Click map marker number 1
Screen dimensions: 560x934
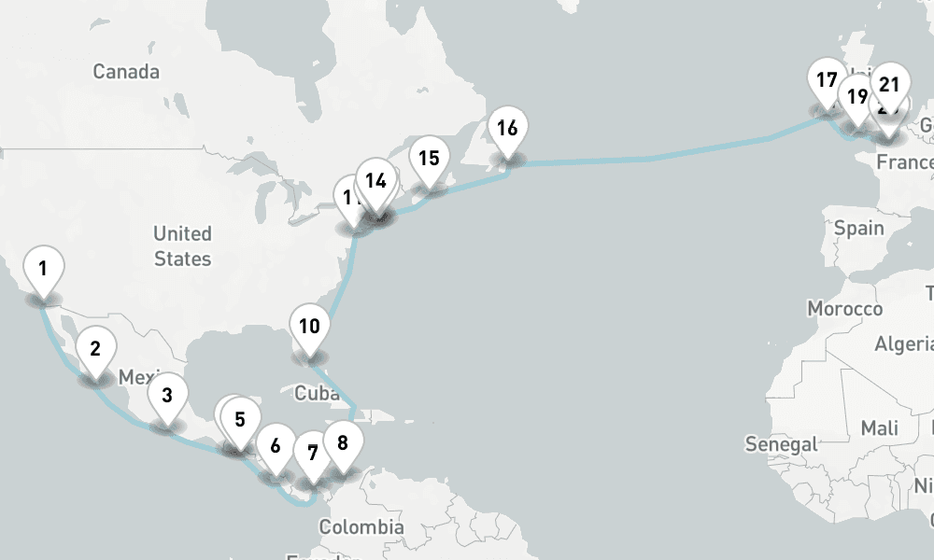[x=43, y=270]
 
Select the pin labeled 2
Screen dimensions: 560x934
[x=95, y=351]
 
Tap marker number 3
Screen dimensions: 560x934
[x=167, y=396]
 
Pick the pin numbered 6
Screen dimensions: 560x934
[x=276, y=446]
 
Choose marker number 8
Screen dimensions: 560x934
[x=343, y=443]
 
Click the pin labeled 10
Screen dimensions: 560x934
[x=310, y=328]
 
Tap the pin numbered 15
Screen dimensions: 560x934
[x=429, y=159]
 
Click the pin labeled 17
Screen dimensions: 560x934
[x=827, y=81]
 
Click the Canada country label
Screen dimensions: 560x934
[x=126, y=72]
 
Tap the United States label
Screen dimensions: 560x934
[x=182, y=245]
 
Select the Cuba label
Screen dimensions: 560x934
[x=317, y=393]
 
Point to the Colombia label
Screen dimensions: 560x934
[x=361, y=527]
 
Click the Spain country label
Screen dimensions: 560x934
[x=859, y=228]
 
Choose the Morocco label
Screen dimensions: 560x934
[x=844, y=309]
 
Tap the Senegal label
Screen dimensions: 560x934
[x=781, y=444]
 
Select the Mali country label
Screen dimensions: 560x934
[x=880, y=427]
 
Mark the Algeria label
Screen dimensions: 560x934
[x=903, y=344]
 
